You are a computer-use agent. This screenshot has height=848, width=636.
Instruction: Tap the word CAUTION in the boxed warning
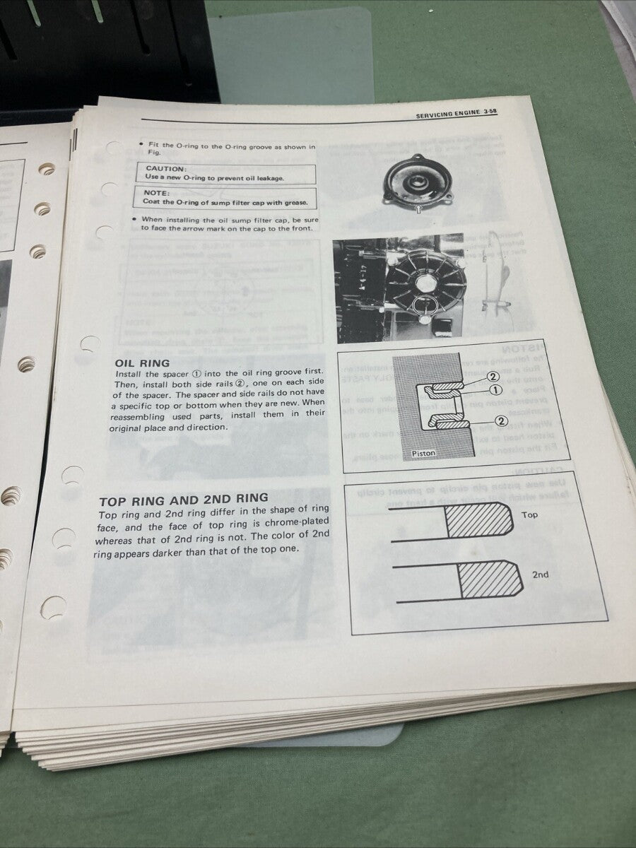pyautogui.click(x=165, y=169)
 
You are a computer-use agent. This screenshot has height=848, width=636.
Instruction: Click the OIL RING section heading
pyautogui.click(x=142, y=363)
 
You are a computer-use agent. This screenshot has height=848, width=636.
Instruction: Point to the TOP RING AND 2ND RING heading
pyautogui.click(x=184, y=498)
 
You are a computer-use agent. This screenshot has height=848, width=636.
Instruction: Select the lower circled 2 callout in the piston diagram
pyautogui.click(x=502, y=421)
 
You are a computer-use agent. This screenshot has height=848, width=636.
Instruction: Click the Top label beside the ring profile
pyautogui.click(x=529, y=515)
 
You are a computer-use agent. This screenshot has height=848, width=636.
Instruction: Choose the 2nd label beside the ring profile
pyautogui.click(x=540, y=575)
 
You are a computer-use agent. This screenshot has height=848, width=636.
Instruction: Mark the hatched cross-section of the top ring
pyautogui.click(x=478, y=521)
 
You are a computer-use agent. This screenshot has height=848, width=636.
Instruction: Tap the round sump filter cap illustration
pyautogui.click(x=417, y=182)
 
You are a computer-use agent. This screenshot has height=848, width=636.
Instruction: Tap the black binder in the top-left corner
pyautogui.click(x=106, y=49)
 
